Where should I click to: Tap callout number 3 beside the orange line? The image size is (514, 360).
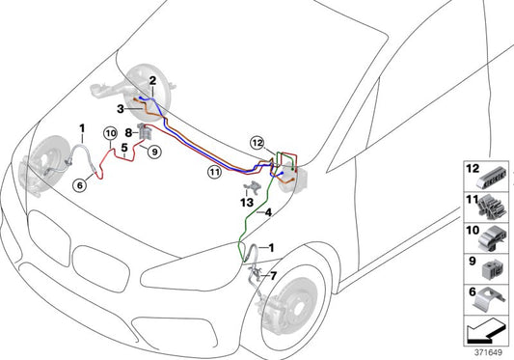[122, 111]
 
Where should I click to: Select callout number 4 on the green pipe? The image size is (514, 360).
[268, 212]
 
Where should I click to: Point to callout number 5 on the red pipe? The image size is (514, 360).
[123, 148]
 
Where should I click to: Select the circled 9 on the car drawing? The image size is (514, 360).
[153, 150]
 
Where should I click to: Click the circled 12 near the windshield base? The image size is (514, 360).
[257, 143]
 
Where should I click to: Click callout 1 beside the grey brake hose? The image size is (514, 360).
[82, 127]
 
